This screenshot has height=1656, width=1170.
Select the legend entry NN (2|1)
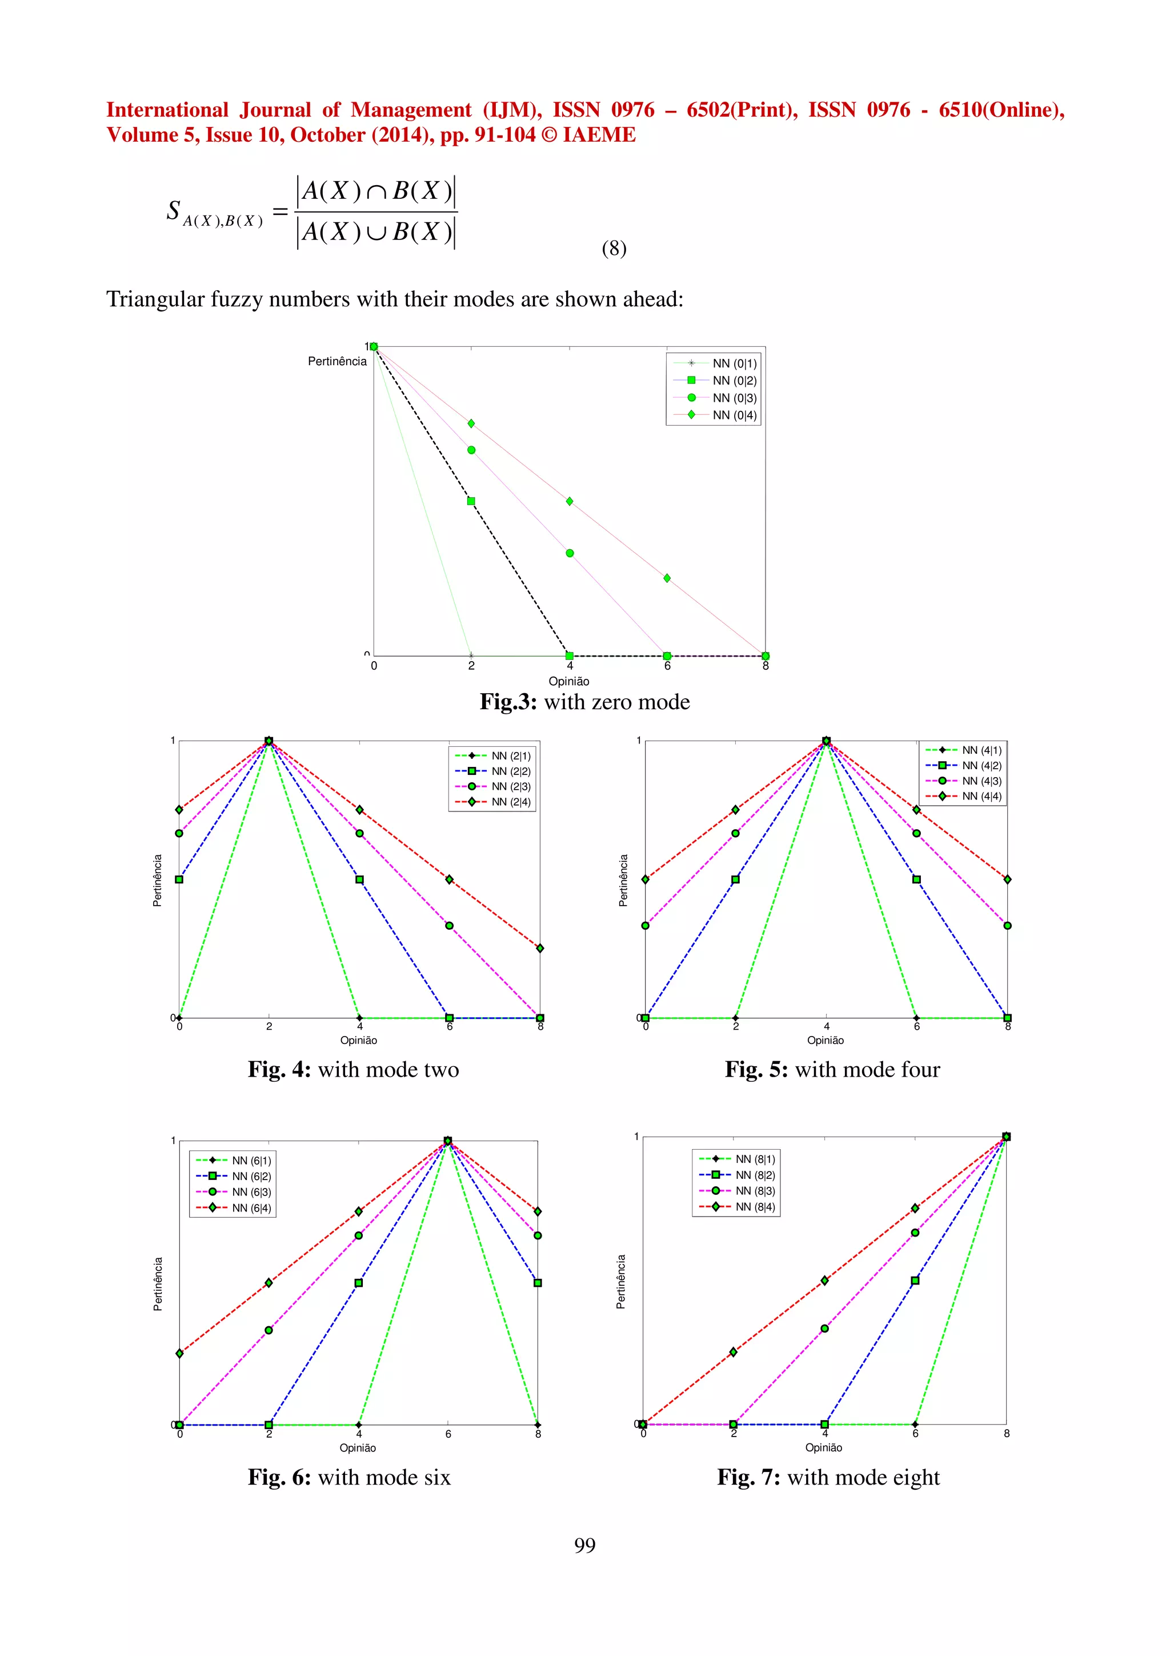pyautogui.click(x=510, y=756)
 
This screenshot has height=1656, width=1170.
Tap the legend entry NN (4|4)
pyautogui.click(x=981, y=796)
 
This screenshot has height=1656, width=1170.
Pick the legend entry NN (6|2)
pyautogui.click(x=251, y=1177)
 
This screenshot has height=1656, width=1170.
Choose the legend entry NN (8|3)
pyautogui.click(x=755, y=1191)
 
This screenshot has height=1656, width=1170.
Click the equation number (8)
pyautogui.click(x=614, y=248)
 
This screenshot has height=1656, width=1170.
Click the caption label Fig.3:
pyautogui.click(x=508, y=702)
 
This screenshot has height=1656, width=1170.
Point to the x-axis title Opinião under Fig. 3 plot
pyautogui.click(x=569, y=681)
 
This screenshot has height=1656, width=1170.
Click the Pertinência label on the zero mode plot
pyautogui.click(x=336, y=361)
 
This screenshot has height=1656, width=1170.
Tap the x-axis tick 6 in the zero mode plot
pyautogui.click(x=667, y=666)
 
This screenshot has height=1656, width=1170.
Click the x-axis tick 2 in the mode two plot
pyautogui.click(x=269, y=1026)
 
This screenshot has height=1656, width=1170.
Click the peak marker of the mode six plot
pyautogui.click(x=448, y=1141)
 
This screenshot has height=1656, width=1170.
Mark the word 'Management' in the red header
pyautogui.click(x=411, y=110)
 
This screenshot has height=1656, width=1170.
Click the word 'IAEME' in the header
pyautogui.click(x=599, y=135)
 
